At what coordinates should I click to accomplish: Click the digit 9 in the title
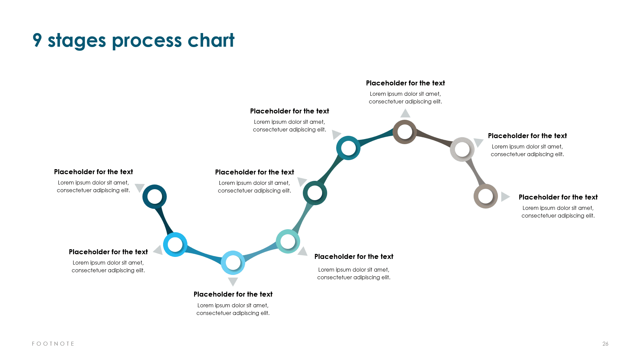[x=37, y=40]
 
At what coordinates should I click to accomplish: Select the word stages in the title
[x=77, y=41]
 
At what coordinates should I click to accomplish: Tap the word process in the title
[x=147, y=41]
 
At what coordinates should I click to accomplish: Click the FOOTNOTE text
[x=53, y=344]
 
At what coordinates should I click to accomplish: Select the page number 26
[x=605, y=344]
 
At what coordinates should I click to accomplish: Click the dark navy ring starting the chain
[x=154, y=197]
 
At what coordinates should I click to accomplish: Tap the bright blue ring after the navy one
[x=175, y=245]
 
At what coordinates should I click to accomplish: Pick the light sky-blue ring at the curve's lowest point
[x=233, y=263]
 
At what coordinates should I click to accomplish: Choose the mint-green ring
[x=288, y=241]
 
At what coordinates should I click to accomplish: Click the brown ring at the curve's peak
[x=405, y=132]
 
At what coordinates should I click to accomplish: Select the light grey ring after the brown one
[x=462, y=149]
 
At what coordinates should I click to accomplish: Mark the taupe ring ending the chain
[x=486, y=196]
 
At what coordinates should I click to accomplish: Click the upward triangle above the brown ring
[x=405, y=114]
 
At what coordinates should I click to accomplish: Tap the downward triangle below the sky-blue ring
[x=233, y=281]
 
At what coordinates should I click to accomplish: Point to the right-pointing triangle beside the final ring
[x=505, y=197]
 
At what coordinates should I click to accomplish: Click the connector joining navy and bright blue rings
[x=164, y=220]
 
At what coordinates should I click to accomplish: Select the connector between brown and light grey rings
[x=434, y=137]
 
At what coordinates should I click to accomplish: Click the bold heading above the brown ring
[x=405, y=83]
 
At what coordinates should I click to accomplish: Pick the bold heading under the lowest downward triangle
[x=233, y=294]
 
